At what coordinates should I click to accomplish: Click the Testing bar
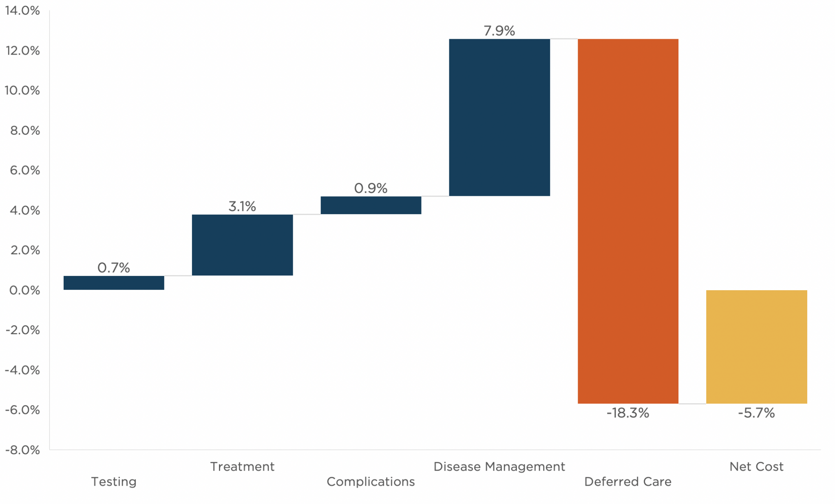(x=114, y=283)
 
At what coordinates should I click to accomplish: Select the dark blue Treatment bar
(x=242, y=245)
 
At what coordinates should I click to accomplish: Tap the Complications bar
(x=371, y=205)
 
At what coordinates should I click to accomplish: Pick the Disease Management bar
(x=499, y=118)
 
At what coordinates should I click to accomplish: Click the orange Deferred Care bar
(x=628, y=221)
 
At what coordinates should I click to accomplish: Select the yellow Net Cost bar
(x=756, y=347)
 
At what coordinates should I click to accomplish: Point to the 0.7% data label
(x=114, y=268)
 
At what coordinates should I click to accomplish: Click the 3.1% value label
(x=242, y=206)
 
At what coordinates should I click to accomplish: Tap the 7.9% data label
(x=499, y=31)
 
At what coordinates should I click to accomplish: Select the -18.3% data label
(x=627, y=413)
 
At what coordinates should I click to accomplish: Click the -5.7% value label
(x=756, y=413)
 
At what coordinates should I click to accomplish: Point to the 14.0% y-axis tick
(x=22, y=11)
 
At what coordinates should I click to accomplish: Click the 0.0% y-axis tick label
(x=24, y=291)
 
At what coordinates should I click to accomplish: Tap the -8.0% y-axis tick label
(x=22, y=450)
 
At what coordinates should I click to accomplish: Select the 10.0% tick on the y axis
(x=22, y=91)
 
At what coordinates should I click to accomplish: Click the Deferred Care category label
(x=627, y=482)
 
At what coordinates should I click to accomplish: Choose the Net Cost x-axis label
(x=756, y=467)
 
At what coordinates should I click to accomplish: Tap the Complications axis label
(x=371, y=482)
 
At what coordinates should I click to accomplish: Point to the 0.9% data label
(x=371, y=188)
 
